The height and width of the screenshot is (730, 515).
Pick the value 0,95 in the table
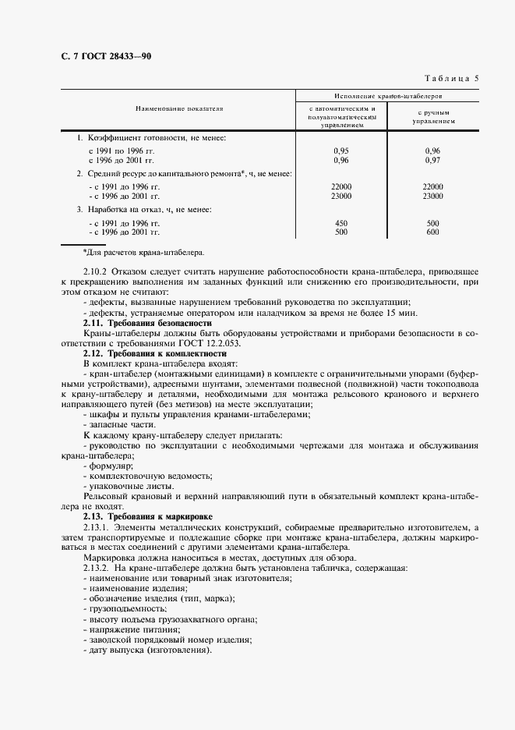click(x=341, y=151)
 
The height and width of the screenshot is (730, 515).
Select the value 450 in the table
click(x=341, y=224)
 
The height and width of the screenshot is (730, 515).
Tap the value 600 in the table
click(x=433, y=232)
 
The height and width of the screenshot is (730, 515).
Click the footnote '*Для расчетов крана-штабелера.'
click(x=143, y=253)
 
